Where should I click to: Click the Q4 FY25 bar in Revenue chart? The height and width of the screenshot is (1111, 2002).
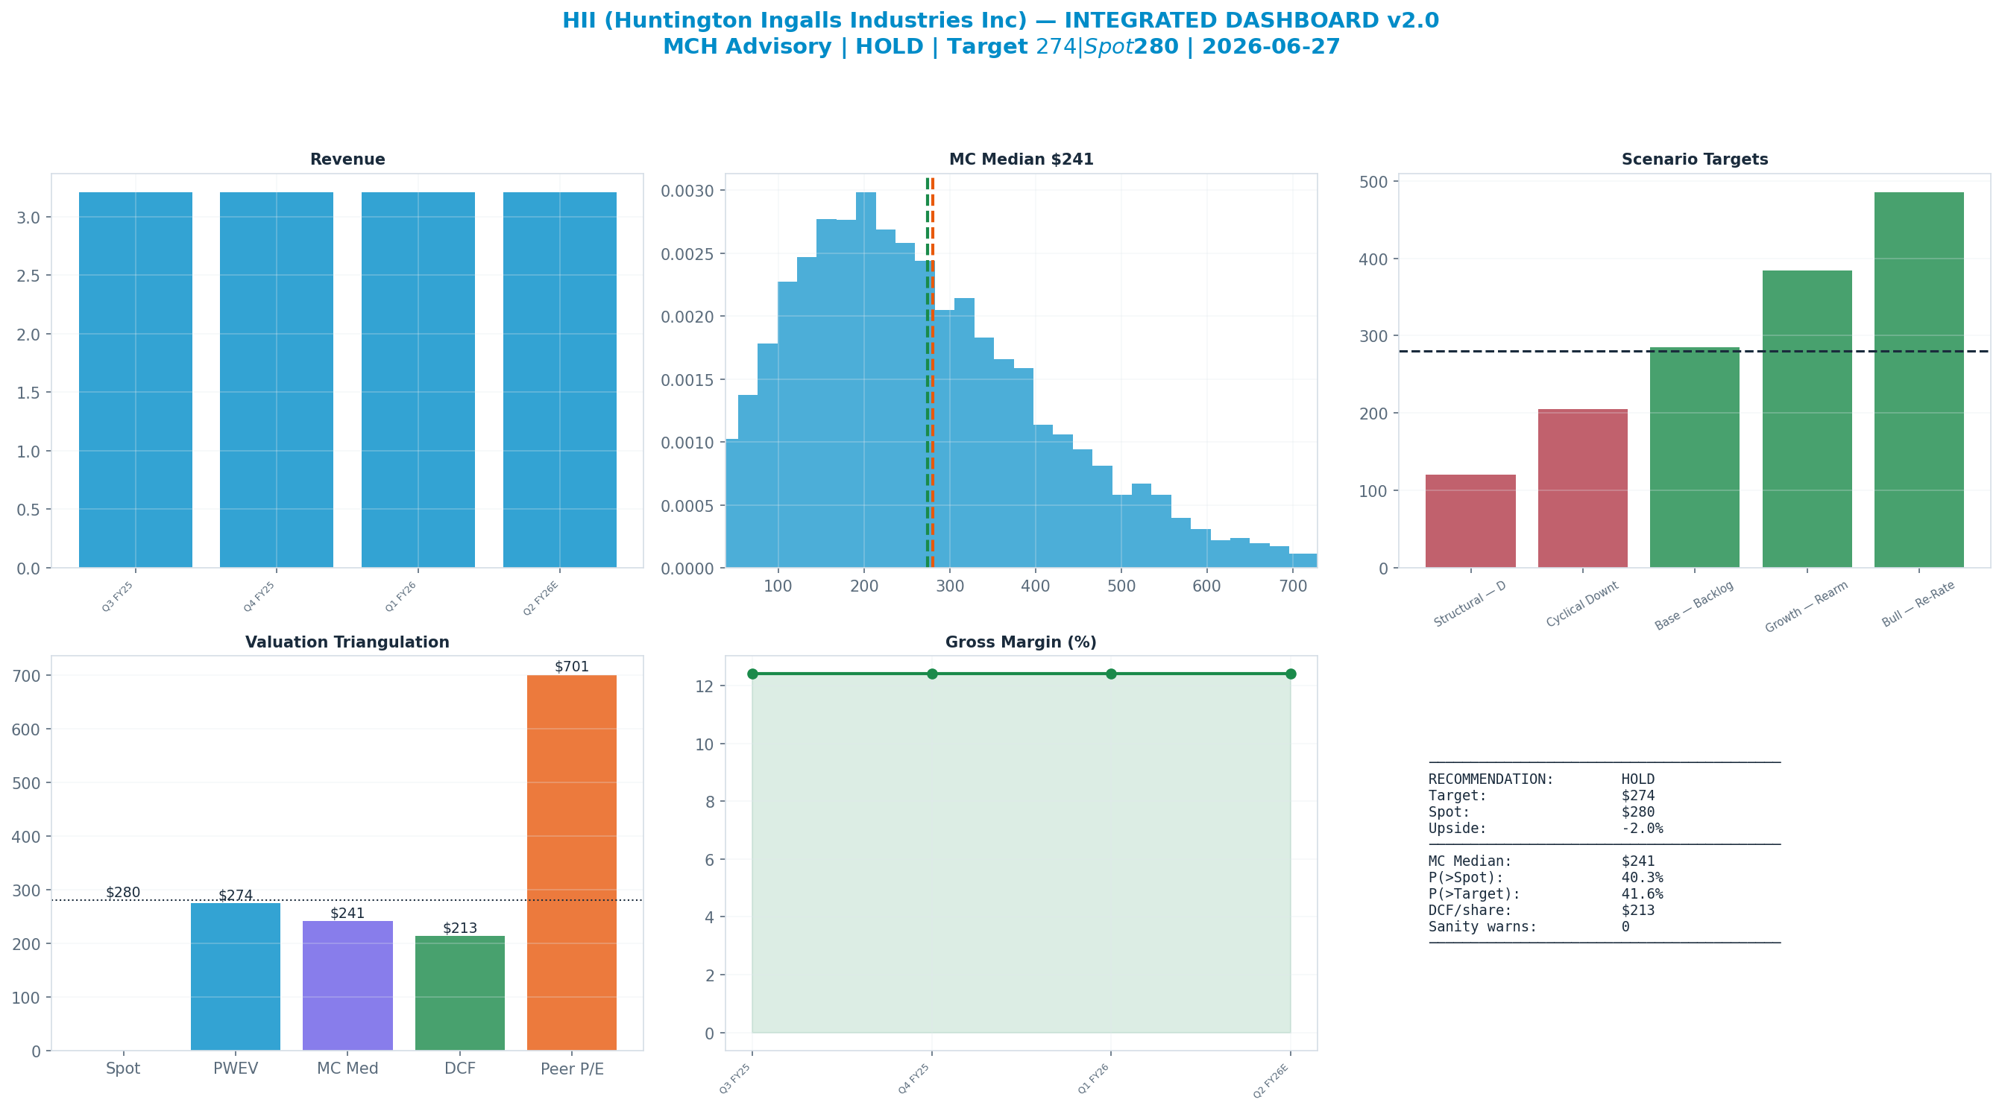[x=277, y=380]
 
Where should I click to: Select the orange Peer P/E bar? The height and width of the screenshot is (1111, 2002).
[x=572, y=862]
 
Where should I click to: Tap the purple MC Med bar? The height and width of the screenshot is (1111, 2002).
[x=347, y=986]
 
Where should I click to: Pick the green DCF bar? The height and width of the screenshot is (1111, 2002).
[x=460, y=993]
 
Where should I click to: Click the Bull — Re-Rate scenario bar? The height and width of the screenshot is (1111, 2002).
[x=1918, y=380]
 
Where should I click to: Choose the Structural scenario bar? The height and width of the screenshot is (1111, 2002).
[x=1470, y=522]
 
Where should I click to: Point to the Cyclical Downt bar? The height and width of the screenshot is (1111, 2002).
[x=1582, y=489]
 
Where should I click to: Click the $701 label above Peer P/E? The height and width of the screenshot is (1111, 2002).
[x=572, y=667]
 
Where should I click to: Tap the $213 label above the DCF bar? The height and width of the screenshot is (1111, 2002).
[x=460, y=928]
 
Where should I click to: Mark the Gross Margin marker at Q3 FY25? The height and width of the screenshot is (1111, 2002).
[x=752, y=674]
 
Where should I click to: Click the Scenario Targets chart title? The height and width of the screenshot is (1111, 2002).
[x=1694, y=159]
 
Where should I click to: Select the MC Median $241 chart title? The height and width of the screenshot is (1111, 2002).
[x=1022, y=159]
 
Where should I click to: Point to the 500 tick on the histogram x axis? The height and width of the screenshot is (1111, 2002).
[x=1121, y=586]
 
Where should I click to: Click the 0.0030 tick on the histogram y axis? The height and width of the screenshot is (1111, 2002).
[x=690, y=191]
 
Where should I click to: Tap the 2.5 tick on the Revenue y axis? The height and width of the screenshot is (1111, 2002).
[x=29, y=276]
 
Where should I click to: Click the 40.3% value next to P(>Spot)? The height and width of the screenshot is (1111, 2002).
[x=1642, y=877]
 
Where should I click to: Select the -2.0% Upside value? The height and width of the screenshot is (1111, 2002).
[x=1642, y=828]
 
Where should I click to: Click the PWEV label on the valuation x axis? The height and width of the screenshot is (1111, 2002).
[x=236, y=1069]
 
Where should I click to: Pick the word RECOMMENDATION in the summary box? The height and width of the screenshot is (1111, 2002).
[x=1491, y=779]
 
